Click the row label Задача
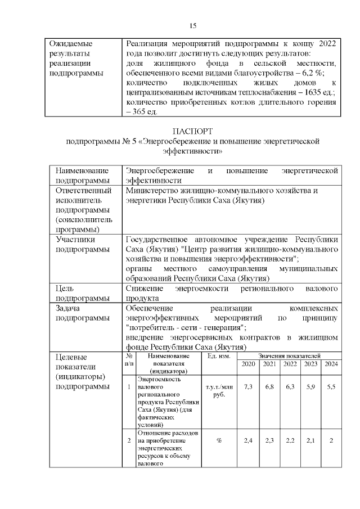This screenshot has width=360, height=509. pyautogui.click(x=67, y=309)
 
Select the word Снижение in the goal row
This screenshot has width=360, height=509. pyautogui.click(x=144, y=289)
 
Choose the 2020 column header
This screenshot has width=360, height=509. pyautogui.click(x=247, y=364)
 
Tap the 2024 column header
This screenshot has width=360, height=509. pyautogui.click(x=331, y=364)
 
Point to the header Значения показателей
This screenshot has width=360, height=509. pyautogui.click(x=289, y=356)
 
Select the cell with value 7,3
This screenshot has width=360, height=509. pyautogui.click(x=247, y=388)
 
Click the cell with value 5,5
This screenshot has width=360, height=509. pyautogui.click(x=331, y=388)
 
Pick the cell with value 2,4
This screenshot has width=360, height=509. pyautogui.click(x=247, y=440)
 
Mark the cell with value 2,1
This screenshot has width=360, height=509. pyautogui.click(x=310, y=440)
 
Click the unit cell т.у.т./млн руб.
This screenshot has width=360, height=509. pyautogui.click(x=218, y=391)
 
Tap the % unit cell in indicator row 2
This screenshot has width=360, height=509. pyautogui.click(x=218, y=440)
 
